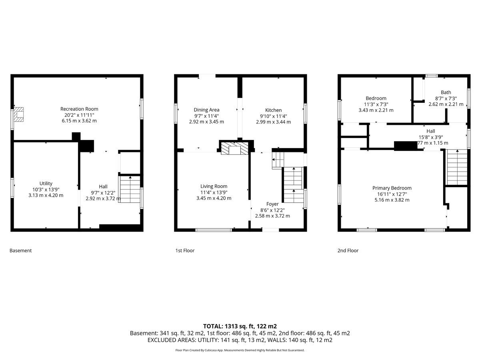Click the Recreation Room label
[x=79, y=109]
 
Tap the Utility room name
[x=46, y=183]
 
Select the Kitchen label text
[x=273, y=110]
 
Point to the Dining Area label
[x=206, y=110]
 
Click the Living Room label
[x=214, y=186]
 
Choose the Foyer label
[x=272, y=204]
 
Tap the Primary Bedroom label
[x=392, y=188]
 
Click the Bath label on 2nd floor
[x=446, y=92]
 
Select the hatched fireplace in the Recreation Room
[x=18, y=114]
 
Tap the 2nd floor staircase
[x=457, y=167]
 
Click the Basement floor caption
[x=20, y=250]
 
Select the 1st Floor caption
[x=185, y=250]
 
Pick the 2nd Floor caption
[x=348, y=250]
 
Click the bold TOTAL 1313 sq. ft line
[x=240, y=326]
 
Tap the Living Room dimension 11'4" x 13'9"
[x=214, y=192]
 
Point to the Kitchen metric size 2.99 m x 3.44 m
[x=273, y=122]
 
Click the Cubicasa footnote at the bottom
[x=240, y=350]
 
